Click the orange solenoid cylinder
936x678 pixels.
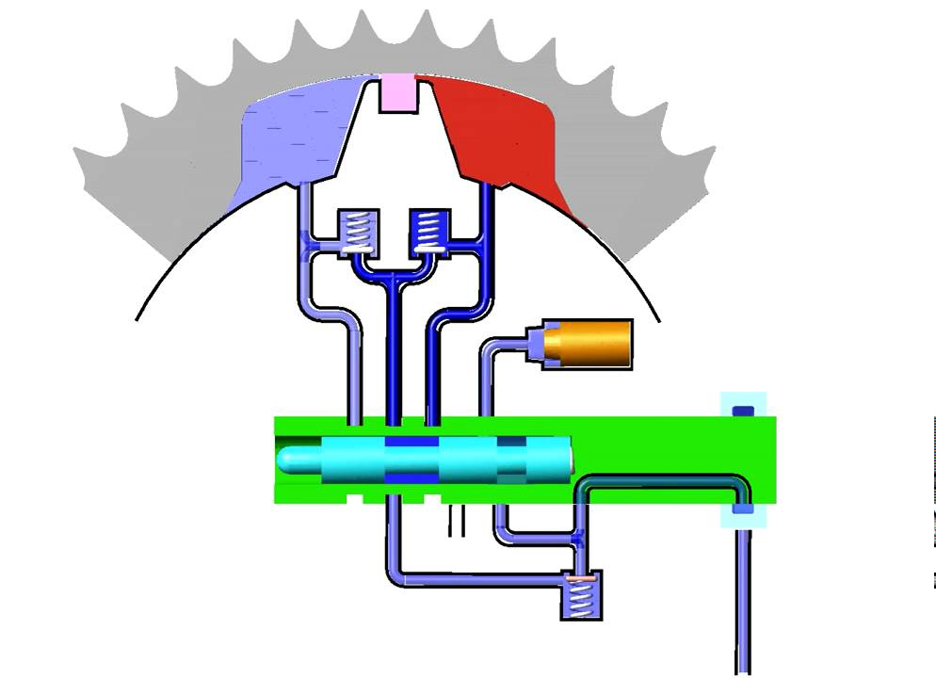tap(593, 344)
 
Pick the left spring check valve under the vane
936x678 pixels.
tap(359, 231)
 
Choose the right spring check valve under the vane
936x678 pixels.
tap(428, 230)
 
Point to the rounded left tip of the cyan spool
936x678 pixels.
tap(288, 460)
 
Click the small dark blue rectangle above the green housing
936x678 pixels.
tap(743, 410)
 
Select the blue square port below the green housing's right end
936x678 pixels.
tap(743, 509)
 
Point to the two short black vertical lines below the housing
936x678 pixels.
tap(457, 521)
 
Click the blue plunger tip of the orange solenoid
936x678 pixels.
tap(537, 343)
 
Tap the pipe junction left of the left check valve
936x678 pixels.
tap(312, 248)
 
